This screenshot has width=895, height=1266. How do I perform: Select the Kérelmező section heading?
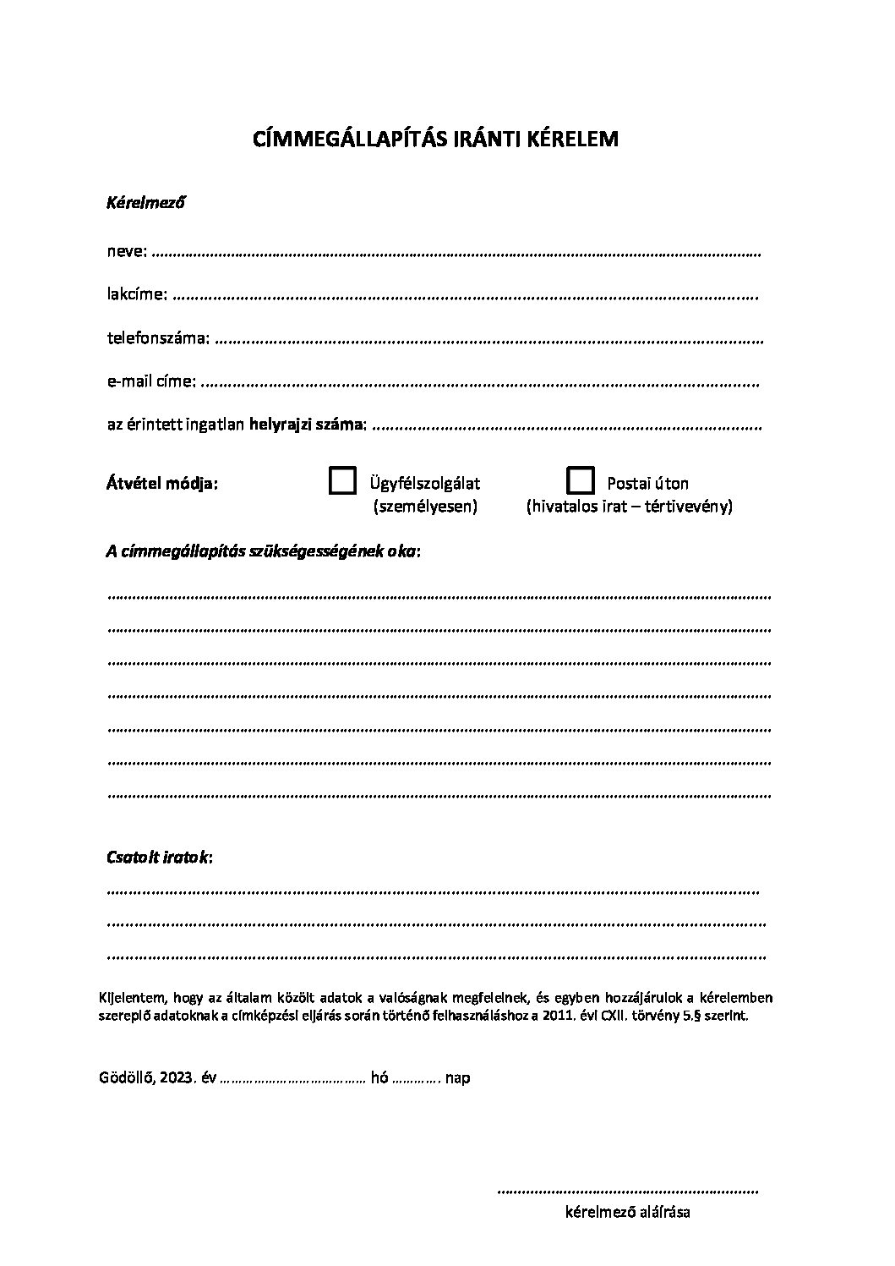pyautogui.click(x=145, y=203)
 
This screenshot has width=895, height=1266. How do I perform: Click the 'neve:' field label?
pyautogui.click(x=127, y=251)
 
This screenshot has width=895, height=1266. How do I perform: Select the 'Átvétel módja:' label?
pyautogui.click(x=161, y=484)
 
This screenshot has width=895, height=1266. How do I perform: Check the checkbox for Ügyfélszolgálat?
pyautogui.click(x=342, y=480)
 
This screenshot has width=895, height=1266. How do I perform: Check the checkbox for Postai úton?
pyautogui.click(x=580, y=480)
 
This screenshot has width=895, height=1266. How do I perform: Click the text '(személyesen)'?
pyautogui.click(x=425, y=507)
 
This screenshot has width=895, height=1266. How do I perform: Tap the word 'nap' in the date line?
pyautogui.click(x=458, y=1078)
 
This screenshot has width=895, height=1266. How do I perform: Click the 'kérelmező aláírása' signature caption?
pyautogui.click(x=627, y=1213)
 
